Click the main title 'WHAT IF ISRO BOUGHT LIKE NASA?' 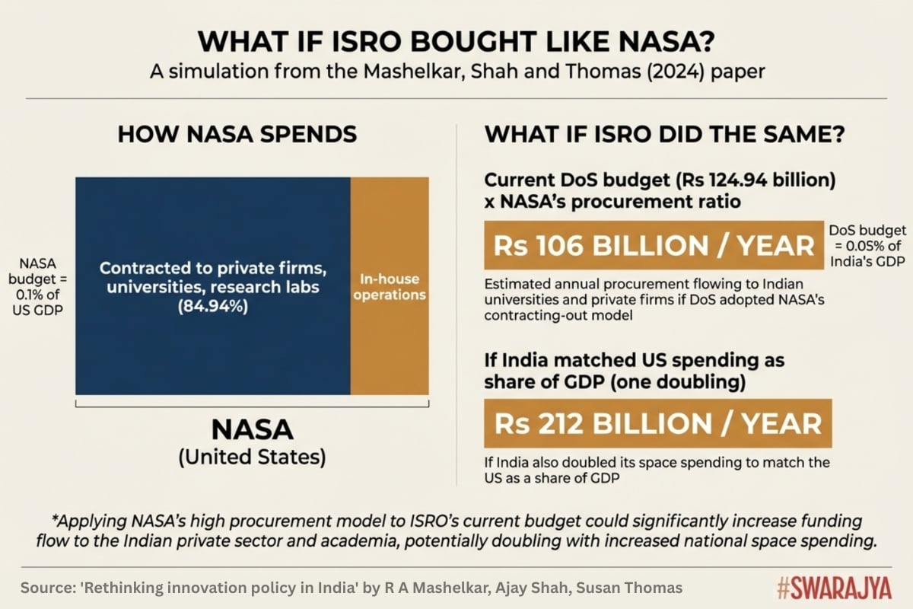coord(456,39)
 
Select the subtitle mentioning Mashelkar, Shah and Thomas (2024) coord(456,73)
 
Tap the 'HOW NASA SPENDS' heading coord(237,135)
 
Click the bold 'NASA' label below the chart coord(252,429)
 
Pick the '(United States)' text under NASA coord(252,458)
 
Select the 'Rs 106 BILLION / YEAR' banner coord(654,247)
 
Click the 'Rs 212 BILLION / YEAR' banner coord(658,423)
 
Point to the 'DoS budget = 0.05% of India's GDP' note coord(867,246)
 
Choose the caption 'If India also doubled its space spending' coord(656,470)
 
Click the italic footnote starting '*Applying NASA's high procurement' coord(456,531)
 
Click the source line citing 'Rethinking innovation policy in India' coord(351,588)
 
